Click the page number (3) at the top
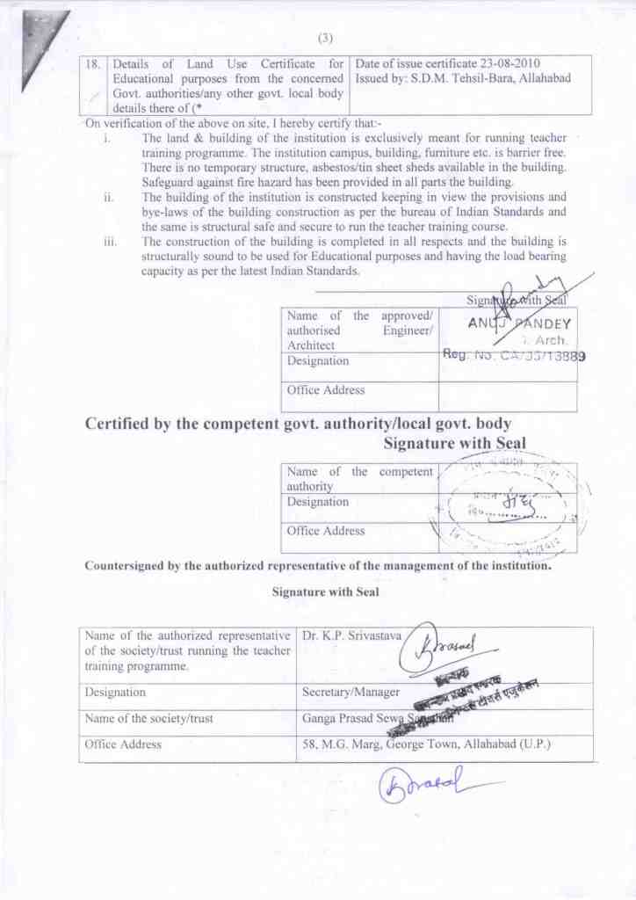324,38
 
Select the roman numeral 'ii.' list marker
109,198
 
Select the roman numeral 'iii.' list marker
109,241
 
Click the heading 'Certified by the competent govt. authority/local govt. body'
298,424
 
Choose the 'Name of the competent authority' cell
359,478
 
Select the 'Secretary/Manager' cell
351,693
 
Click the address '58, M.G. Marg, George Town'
396,744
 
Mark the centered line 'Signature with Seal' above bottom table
325,592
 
